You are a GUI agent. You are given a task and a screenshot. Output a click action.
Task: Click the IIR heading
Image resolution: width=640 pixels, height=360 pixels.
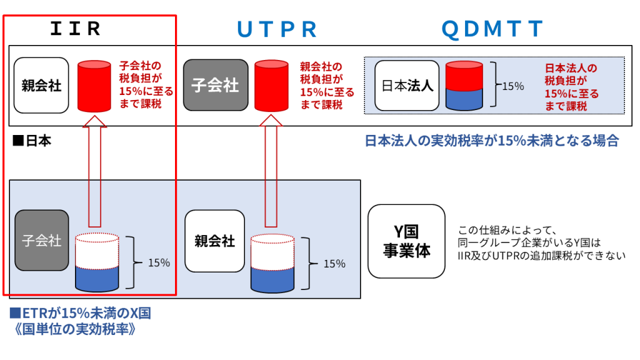pos(76,29)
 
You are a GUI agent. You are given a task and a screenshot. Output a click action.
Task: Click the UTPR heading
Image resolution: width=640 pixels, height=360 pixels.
pos(277,29)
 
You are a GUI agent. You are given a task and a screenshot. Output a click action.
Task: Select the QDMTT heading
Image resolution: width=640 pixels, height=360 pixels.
pos(492,29)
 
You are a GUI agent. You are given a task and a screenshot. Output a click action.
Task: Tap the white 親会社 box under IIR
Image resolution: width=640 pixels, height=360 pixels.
pos(41,85)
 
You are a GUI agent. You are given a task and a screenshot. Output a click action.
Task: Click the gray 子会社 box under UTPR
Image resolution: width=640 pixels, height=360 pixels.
pos(216,85)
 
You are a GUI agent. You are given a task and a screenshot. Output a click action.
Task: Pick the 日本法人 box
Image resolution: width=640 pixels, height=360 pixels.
pos(407,86)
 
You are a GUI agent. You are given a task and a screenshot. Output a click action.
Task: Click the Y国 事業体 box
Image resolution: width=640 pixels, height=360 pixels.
pos(406,241)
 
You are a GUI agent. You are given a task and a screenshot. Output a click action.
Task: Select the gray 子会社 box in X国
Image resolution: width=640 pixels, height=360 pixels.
pos(42,241)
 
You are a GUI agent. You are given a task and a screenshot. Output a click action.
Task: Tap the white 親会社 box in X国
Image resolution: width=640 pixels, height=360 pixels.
pos(215,241)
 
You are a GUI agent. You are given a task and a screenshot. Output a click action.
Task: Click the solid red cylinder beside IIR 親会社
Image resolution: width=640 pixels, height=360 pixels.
pos(94,86)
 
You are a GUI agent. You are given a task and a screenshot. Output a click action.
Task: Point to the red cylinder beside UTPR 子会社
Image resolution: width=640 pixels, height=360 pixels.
pos(271,86)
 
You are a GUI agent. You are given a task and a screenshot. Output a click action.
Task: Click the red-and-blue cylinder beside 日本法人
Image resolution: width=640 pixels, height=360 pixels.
pos(464,86)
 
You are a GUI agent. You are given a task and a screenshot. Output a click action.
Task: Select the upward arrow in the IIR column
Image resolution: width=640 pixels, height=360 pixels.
pos(95,171)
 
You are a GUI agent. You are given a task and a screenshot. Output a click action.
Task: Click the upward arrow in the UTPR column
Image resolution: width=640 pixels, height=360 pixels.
pos(271,171)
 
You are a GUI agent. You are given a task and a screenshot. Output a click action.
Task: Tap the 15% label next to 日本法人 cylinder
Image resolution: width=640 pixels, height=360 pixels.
pos(513,86)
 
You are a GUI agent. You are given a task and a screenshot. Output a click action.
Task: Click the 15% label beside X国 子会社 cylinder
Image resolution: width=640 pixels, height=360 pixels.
pos(159,262)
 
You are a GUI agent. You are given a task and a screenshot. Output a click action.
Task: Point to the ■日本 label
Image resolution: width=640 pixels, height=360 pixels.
pos(32,141)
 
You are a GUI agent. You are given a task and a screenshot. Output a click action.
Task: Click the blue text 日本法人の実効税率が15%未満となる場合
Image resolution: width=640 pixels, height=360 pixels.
pos(491,141)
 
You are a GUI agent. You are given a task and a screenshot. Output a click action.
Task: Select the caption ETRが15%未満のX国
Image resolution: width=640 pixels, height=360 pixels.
pos(81,313)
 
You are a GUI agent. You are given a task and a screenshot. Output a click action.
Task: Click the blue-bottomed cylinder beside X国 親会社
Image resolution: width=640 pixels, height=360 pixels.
pos(272,263)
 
